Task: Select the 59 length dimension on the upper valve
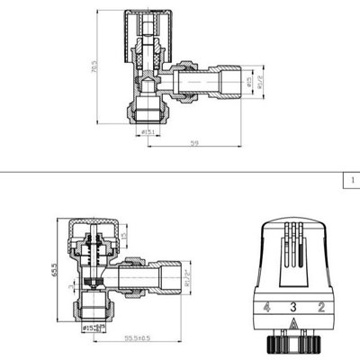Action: click(x=194, y=143)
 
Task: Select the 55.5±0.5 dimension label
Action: click(x=138, y=337)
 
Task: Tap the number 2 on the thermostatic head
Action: click(x=321, y=308)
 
